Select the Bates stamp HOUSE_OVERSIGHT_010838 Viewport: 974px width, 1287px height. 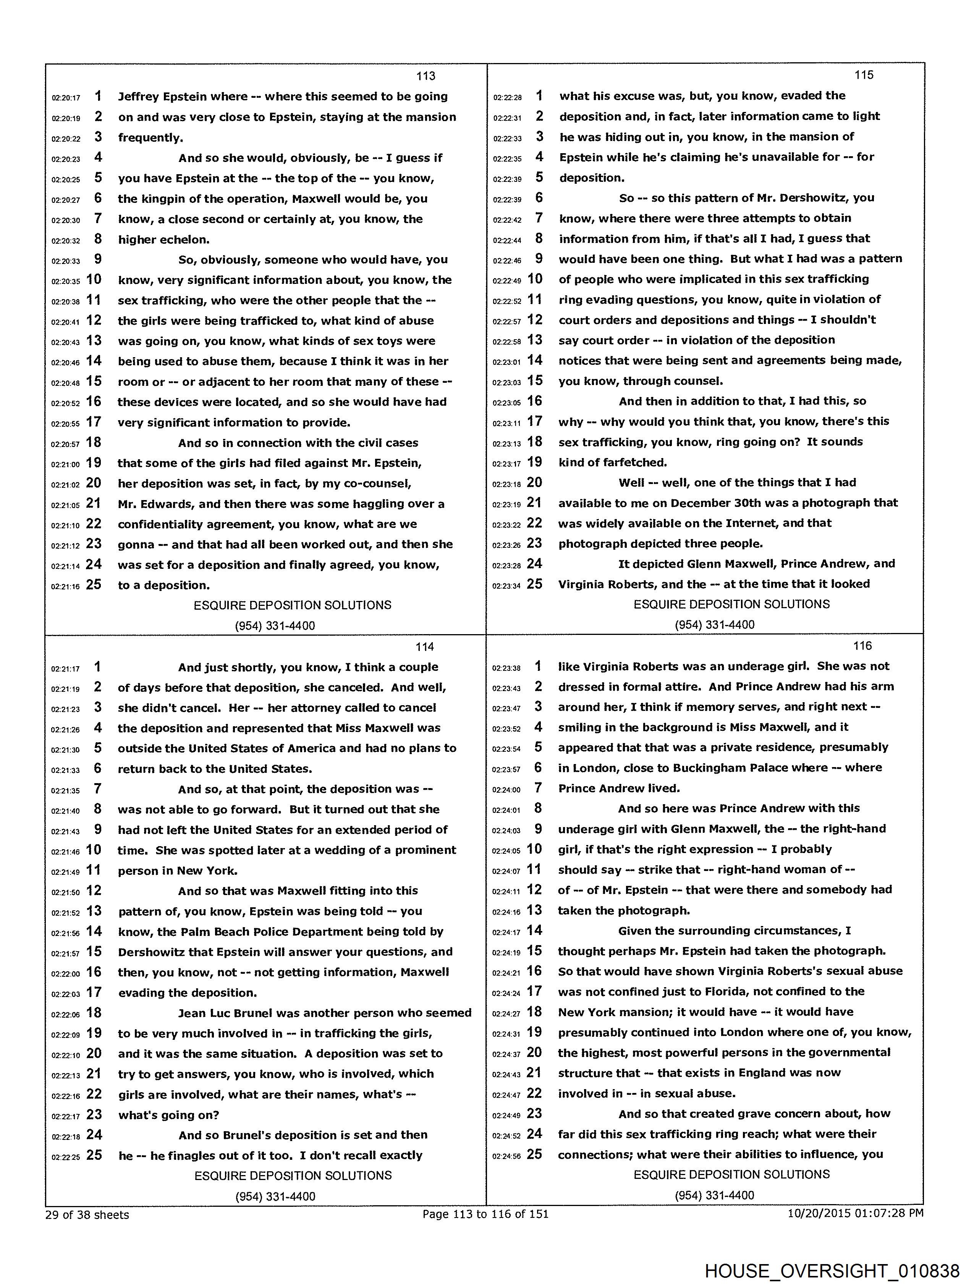tap(832, 1269)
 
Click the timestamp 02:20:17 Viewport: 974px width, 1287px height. tap(66, 98)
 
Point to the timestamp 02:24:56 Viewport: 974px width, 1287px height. tap(506, 1156)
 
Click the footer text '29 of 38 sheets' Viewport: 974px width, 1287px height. tap(87, 1215)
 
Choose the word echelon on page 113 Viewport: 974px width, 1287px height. tap(184, 240)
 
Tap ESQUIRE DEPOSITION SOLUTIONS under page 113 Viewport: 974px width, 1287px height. tap(292, 605)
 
